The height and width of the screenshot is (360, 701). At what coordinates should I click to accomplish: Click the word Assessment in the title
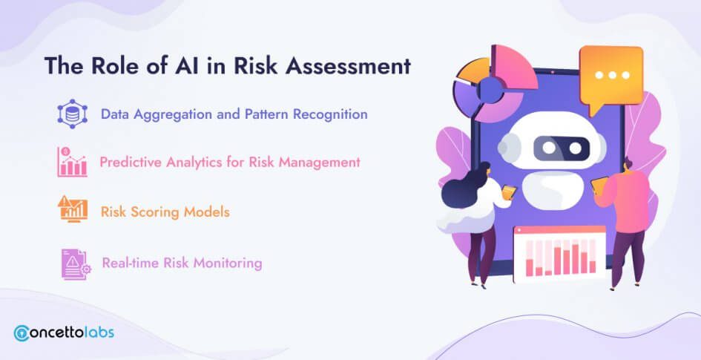pos(347,66)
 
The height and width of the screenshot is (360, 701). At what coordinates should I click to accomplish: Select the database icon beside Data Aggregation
pos(71,114)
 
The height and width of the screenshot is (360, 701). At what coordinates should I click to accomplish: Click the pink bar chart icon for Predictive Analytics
pos(72,162)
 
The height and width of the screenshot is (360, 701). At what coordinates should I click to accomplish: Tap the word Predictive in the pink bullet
pos(131,162)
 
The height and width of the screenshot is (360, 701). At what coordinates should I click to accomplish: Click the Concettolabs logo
pos(64,333)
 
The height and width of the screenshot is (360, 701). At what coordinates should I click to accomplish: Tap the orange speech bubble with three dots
pos(611,79)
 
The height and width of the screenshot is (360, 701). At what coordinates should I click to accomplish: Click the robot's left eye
pos(549,148)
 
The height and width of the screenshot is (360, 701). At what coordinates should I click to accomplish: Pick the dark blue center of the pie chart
pos(490,90)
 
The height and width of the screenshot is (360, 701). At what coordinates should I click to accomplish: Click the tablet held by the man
pos(599,184)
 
